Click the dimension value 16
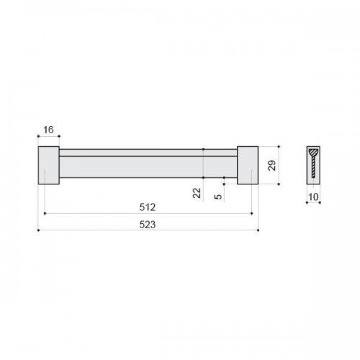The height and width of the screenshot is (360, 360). coord(48,130)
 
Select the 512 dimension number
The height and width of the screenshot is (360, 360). coord(148,207)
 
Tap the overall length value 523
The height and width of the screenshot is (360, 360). coord(148,225)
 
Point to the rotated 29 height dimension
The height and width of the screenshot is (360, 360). coord(272,166)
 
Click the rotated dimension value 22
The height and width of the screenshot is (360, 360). coord(197,193)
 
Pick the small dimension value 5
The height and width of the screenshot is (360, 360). coord(218,197)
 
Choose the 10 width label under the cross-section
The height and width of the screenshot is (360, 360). coord(313,197)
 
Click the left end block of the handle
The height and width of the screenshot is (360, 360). coord(49,166)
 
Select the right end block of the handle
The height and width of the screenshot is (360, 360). coord(248,166)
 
